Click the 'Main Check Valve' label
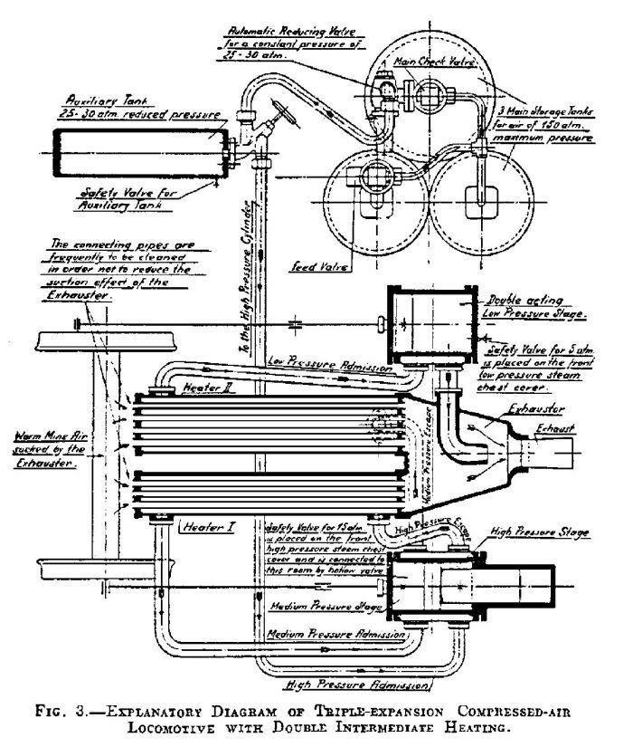point(423,63)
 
